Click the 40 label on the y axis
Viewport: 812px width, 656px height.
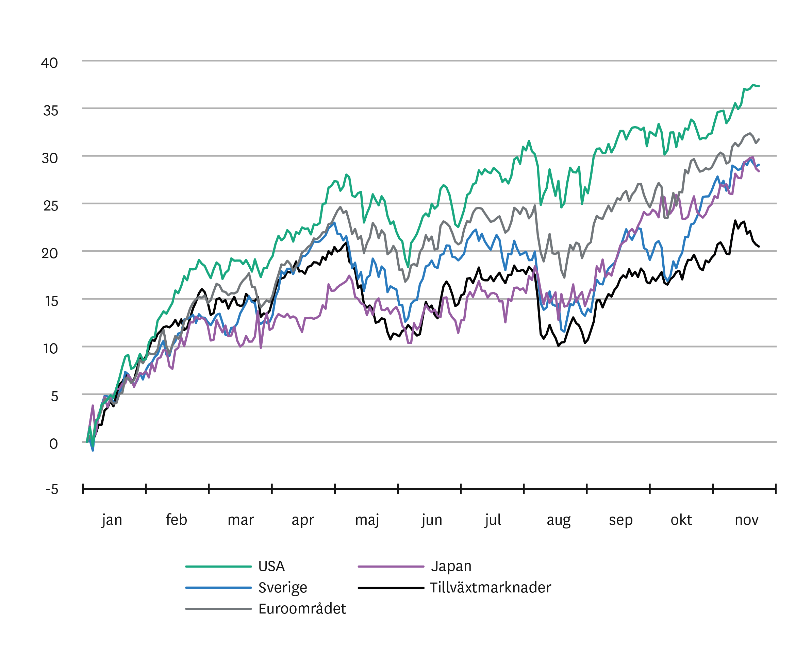click(x=50, y=63)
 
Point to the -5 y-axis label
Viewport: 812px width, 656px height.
click(x=52, y=489)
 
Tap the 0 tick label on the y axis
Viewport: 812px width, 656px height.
click(x=54, y=444)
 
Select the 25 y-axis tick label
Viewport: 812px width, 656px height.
click(x=51, y=206)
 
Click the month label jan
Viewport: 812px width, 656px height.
click(x=112, y=520)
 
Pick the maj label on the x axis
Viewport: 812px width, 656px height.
click(x=367, y=520)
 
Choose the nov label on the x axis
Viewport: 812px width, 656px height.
click(x=747, y=520)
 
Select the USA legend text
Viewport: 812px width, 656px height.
click(x=271, y=567)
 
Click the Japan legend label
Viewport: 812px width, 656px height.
click(x=451, y=567)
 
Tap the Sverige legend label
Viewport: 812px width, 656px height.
click(x=283, y=588)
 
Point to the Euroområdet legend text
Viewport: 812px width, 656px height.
click(x=302, y=609)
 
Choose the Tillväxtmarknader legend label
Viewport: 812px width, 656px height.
click(x=491, y=588)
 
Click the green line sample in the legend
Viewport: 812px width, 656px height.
click(x=218, y=567)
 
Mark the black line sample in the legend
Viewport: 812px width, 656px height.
click(x=391, y=588)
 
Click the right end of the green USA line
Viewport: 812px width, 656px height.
click(x=759, y=86)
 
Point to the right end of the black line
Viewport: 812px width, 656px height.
click(x=759, y=246)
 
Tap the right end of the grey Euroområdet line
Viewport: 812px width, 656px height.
click(x=759, y=139)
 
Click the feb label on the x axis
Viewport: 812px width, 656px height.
click(x=176, y=520)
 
